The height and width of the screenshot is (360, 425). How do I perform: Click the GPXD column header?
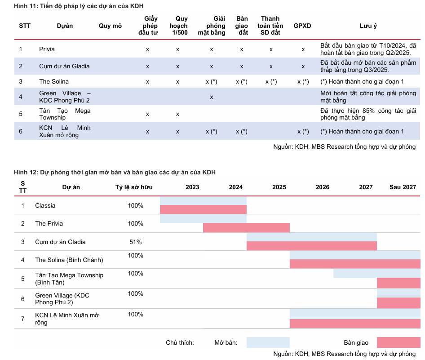tap(302, 26)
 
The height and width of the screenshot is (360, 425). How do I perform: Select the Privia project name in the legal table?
tap(47, 49)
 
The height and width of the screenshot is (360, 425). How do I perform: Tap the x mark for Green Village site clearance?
tap(211, 97)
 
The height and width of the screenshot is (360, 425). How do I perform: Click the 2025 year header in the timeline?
tap(279, 187)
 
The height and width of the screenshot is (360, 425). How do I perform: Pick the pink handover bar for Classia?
tap(203, 209)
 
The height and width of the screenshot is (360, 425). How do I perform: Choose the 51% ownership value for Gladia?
tap(135, 242)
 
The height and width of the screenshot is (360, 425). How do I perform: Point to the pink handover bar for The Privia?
tap(246, 228)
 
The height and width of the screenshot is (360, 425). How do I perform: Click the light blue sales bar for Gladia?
tap(311, 237)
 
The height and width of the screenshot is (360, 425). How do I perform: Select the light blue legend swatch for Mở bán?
tap(268, 343)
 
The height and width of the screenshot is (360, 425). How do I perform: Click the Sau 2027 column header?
tap(403, 187)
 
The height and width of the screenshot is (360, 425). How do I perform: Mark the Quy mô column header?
tap(110, 26)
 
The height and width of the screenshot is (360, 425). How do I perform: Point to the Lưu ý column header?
tap(368, 26)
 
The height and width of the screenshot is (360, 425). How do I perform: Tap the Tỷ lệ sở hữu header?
tap(134, 187)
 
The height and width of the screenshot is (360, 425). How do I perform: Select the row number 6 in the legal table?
tap(21, 131)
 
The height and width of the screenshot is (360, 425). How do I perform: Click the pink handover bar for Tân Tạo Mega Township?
tap(398, 283)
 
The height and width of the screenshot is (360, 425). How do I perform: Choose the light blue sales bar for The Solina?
tap(354, 255)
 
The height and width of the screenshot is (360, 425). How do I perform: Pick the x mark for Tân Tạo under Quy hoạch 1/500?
tap(177, 114)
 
